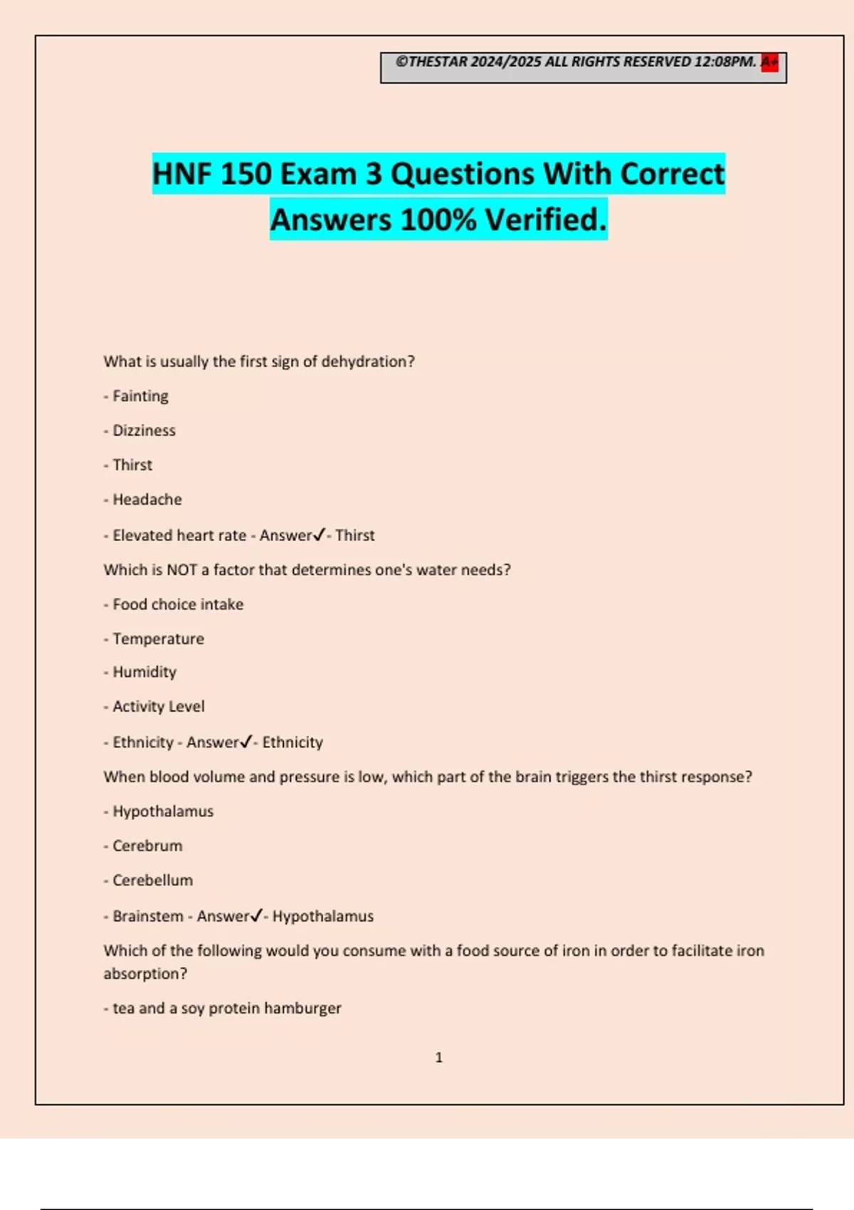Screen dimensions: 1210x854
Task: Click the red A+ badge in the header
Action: coord(769,63)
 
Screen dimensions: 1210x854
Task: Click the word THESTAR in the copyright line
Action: coord(438,62)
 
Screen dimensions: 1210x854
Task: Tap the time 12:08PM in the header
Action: coord(724,62)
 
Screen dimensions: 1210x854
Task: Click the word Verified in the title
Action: coord(546,220)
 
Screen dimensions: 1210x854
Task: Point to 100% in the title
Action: coord(438,220)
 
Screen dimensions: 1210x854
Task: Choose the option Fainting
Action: coord(140,396)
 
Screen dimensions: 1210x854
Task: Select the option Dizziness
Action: coord(144,431)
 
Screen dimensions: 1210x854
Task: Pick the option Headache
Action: coord(147,500)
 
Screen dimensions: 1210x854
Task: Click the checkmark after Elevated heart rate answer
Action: coord(319,535)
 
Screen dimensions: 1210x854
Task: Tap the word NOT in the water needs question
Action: coord(181,570)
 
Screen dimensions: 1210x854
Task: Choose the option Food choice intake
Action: coord(178,604)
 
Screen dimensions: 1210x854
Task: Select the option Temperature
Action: coord(158,639)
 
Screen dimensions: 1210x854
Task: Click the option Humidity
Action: coord(144,672)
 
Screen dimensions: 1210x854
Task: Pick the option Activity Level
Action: coord(159,707)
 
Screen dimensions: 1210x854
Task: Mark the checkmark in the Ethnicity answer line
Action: coord(246,742)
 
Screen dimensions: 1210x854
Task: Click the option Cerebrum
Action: coord(147,846)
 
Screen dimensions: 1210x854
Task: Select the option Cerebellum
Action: coord(152,880)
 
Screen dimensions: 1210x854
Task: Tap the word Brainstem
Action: coord(148,916)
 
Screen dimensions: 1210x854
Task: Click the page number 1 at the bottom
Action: coord(438,1058)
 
